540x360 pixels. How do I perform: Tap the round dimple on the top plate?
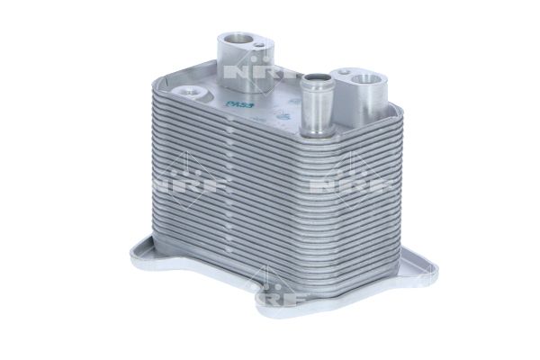click(189, 91)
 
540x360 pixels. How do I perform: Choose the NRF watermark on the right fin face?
click(346, 184)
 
